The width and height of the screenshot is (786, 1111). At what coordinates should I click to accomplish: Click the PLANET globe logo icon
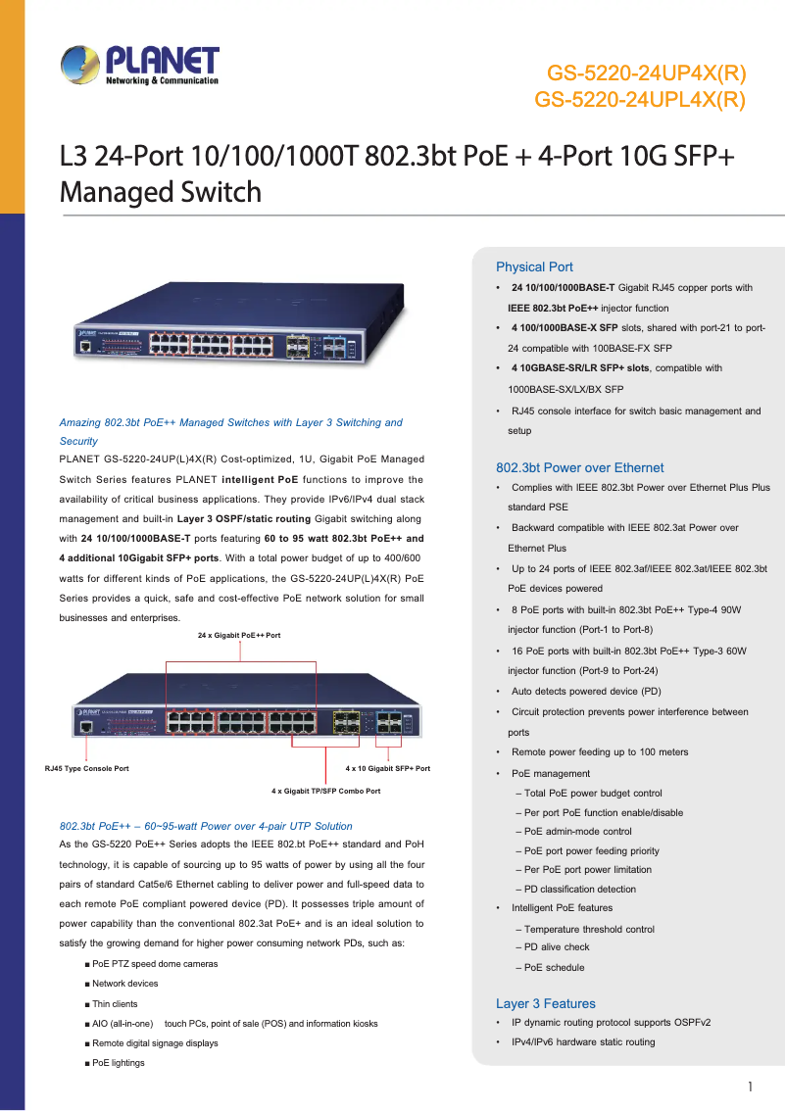pyautogui.click(x=80, y=67)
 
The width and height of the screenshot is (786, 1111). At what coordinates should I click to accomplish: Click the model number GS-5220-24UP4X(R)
pyautogui.click(x=646, y=72)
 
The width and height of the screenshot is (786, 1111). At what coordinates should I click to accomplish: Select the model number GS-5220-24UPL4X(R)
pyautogui.click(x=640, y=99)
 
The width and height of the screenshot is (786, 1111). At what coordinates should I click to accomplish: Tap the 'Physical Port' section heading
pyautogui.click(x=534, y=266)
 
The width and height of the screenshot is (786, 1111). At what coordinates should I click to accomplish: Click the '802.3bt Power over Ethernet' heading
pyautogui.click(x=579, y=467)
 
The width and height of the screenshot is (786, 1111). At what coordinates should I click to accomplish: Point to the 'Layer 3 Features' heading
pyautogui.click(x=545, y=1003)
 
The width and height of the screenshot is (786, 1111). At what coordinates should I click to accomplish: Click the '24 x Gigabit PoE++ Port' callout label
pyautogui.click(x=239, y=636)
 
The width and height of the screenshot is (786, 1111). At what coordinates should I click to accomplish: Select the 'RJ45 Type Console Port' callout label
pyautogui.click(x=87, y=769)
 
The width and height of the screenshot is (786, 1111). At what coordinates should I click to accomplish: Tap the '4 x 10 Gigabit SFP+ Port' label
pyautogui.click(x=388, y=769)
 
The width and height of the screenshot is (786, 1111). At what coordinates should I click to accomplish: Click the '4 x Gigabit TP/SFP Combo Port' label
pyautogui.click(x=325, y=791)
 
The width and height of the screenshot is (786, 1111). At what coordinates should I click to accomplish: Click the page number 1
pyautogui.click(x=750, y=1086)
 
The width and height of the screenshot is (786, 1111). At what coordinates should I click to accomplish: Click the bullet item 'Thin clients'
pyautogui.click(x=115, y=1004)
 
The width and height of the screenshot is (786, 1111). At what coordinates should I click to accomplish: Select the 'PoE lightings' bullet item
pyautogui.click(x=118, y=1063)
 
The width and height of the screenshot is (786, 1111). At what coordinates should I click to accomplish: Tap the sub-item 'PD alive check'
pyautogui.click(x=557, y=947)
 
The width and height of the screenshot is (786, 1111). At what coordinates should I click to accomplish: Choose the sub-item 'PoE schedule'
pyautogui.click(x=554, y=968)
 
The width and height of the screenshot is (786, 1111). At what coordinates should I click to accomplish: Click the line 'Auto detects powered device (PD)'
pyautogui.click(x=586, y=692)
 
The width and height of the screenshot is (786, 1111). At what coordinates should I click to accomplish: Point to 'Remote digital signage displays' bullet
pyautogui.click(x=155, y=1043)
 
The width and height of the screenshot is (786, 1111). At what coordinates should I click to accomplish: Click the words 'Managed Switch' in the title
pyautogui.click(x=161, y=192)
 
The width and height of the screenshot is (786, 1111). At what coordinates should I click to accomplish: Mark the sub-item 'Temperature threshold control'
pyautogui.click(x=589, y=929)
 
